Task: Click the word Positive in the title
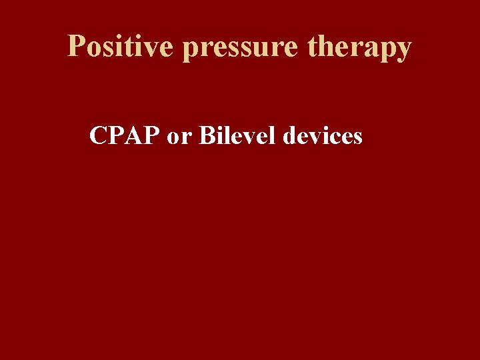[x=121, y=47]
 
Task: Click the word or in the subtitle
[x=179, y=137]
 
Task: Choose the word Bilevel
[x=237, y=136]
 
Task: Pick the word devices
[x=323, y=136]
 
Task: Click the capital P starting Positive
[x=77, y=47]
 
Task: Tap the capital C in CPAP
[x=99, y=136]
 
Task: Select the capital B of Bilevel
[x=207, y=136]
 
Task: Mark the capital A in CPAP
[x=133, y=136]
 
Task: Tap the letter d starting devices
[x=290, y=136]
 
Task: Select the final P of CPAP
[x=150, y=136]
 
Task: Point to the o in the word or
[x=174, y=138]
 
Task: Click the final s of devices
[x=357, y=138]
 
